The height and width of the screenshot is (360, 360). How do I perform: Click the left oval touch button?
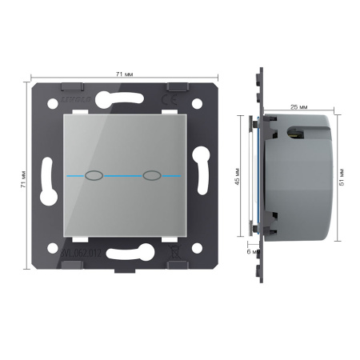tap(94, 174)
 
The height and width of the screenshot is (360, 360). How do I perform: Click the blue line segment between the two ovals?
tap(122, 174)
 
